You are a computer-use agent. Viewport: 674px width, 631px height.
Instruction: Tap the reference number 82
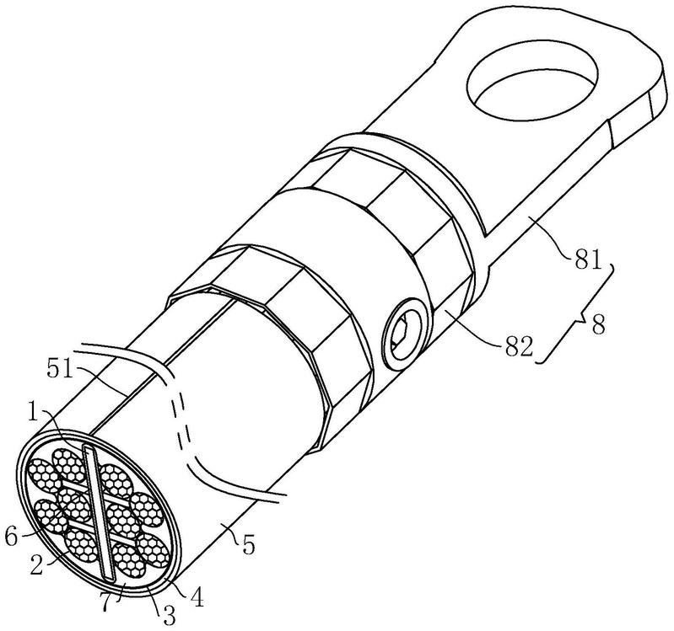[520, 346]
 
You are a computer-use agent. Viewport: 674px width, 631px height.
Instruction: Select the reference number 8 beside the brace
[598, 324]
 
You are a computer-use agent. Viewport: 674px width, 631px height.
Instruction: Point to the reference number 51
[60, 370]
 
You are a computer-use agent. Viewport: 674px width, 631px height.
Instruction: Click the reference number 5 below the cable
[248, 545]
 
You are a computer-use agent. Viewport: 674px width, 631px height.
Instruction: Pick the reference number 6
[12, 536]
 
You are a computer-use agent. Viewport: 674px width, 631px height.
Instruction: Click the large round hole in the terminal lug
[532, 83]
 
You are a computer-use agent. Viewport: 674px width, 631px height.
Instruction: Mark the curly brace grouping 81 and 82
[576, 314]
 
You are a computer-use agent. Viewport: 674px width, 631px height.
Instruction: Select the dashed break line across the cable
[183, 412]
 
